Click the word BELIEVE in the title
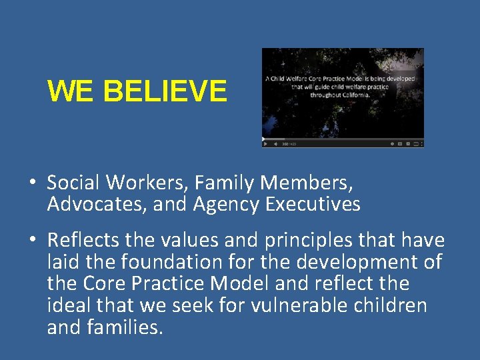(x=165, y=91)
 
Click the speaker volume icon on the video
(x=275, y=143)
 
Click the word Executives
(x=313, y=204)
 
